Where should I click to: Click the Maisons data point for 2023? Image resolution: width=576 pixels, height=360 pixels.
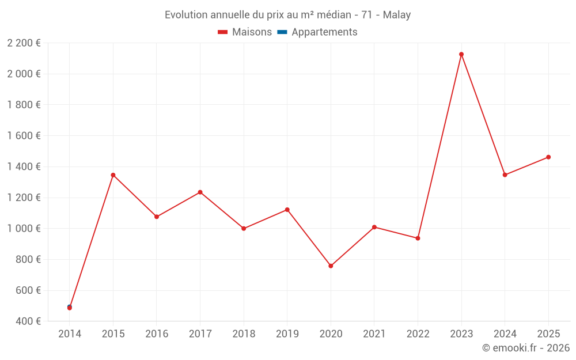point(461,54)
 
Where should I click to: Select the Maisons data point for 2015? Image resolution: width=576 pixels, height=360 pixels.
point(113,175)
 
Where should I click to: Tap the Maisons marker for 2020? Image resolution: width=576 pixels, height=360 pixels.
point(331,266)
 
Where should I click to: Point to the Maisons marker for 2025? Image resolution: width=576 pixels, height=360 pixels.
point(548,157)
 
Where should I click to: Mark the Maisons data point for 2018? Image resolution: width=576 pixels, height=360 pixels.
point(244,229)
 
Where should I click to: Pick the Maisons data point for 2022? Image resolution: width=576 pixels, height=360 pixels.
point(418,238)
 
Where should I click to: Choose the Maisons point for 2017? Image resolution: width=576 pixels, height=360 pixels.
point(200,192)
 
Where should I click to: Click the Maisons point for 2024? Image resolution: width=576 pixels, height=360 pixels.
point(505,175)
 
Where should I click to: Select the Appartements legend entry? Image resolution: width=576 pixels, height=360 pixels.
point(324,32)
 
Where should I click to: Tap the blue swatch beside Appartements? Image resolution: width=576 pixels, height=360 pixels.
point(282,32)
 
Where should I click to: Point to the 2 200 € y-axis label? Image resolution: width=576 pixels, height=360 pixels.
point(24,43)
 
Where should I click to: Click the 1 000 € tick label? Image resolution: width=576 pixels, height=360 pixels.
point(24,229)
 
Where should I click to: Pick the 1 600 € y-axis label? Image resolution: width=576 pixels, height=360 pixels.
point(24,136)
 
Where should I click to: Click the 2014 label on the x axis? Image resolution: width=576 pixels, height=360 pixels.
point(70,334)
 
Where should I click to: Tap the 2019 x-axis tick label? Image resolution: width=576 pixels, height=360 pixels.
point(287,334)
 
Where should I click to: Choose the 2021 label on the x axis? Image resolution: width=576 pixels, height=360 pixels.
point(374,334)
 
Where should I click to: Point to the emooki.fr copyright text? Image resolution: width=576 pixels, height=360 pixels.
point(525,348)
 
